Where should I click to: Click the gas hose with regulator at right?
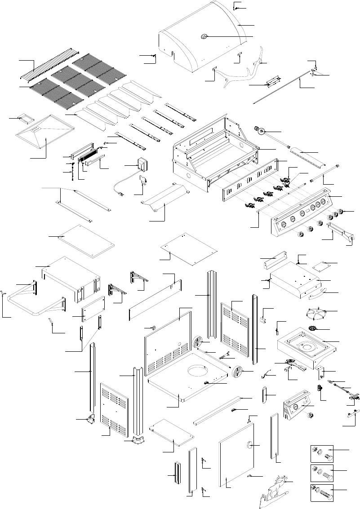(346, 391)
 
